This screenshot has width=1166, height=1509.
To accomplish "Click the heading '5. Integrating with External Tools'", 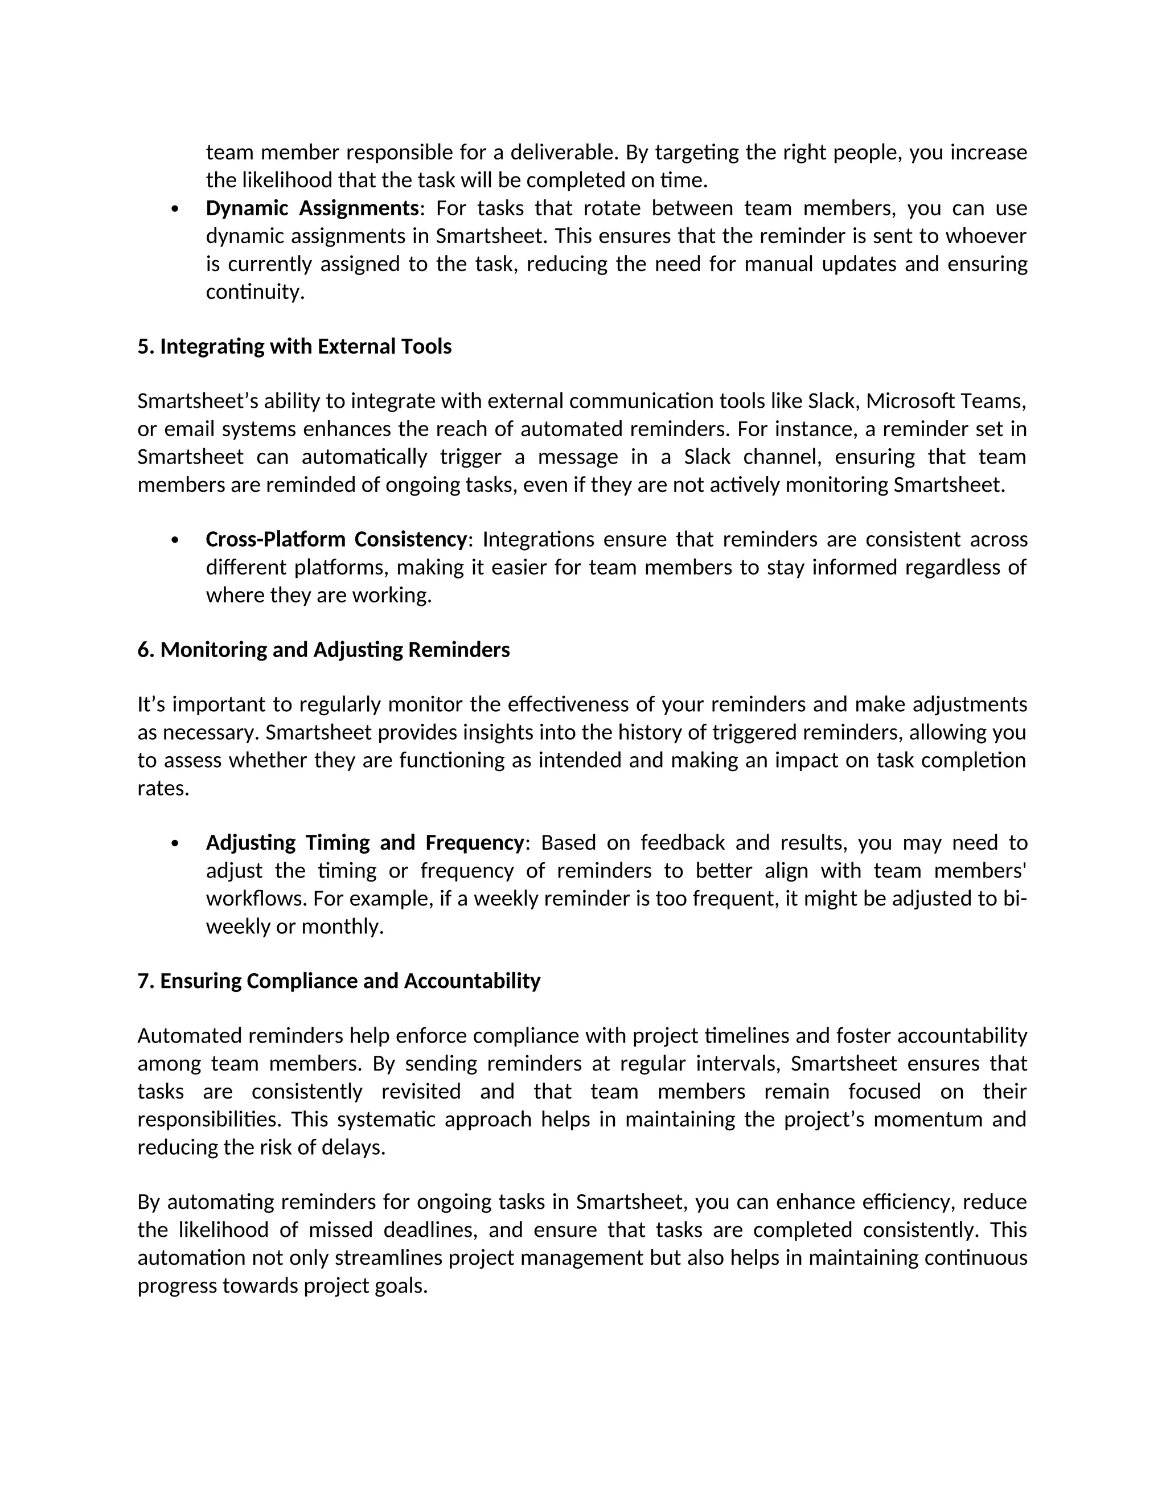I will click(294, 346).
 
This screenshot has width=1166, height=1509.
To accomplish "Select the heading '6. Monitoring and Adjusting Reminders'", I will click(323, 650).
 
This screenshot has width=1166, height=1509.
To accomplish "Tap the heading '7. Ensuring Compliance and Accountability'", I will click(339, 981).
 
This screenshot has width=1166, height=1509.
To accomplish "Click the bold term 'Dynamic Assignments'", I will click(312, 208).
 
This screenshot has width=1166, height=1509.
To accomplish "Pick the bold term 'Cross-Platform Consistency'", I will click(336, 539).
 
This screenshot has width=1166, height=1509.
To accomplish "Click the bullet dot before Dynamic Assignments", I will click(175, 208).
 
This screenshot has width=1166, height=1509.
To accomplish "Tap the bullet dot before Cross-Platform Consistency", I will click(175, 540).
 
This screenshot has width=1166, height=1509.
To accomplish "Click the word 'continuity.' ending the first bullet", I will click(255, 292).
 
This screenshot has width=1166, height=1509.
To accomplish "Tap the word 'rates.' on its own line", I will click(163, 788).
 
